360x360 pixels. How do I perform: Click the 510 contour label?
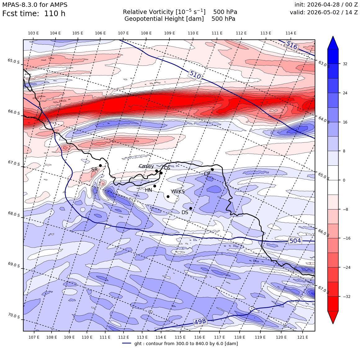pyautogui.click(x=195, y=75)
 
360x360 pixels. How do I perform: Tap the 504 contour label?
pyautogui.click(x=295, y=241)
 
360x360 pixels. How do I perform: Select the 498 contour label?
pyautogui.click(x=200, y=322)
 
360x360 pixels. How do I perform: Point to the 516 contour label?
pyautogui.click(x=292, y=45)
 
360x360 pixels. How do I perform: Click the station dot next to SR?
pyautogui.click(x=100, y=165)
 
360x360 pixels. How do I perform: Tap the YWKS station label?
pyautogui.click(x=178, y=191)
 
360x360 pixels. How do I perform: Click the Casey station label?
pyautogui.click(x=146, y=166)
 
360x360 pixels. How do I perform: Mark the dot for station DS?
pyautogui.click(x=191, y=209)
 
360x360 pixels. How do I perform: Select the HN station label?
pyautogui.click(x=148, y=190)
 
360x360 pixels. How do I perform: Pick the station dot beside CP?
pyautogui.click(x=212, y=170)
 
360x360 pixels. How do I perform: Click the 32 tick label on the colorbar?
pyautogui.click(x=345, y=64)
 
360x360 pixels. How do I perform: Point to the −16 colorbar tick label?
pyautogui.click(x=347, y=238)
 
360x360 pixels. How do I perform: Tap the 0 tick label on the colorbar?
pyautogui.click(x=344, y=180)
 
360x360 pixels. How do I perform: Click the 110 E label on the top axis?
pyautogui.click(x=193, y=33)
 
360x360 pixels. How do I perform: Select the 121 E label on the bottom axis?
pyautogui.click(x=303, y=337)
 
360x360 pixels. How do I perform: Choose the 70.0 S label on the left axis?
pyautogui.click(x=14, y=316)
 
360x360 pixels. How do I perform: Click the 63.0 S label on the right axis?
pyautogui.click(x=324, y=64)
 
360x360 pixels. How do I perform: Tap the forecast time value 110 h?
pyautogui.click(x=55, y=14)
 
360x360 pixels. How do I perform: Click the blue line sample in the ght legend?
pyautogui.click(x=127, y=343)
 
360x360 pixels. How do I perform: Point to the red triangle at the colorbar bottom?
pyautogui.click(x=333, y=317)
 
